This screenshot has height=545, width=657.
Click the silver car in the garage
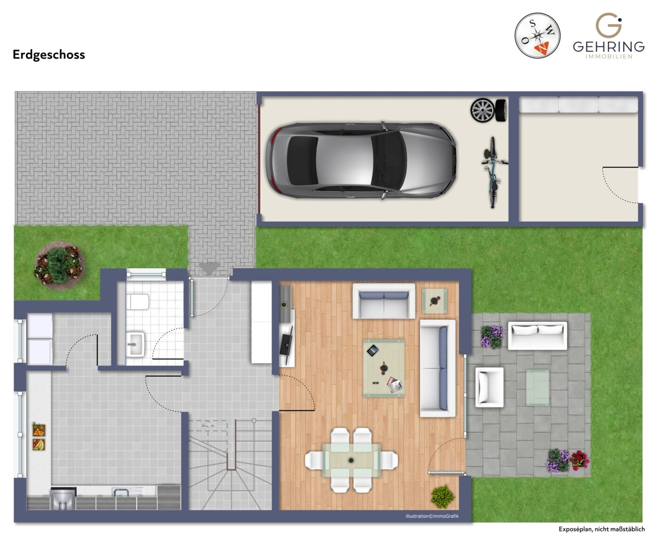click(361, 160)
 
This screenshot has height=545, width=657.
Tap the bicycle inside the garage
click(493, 172)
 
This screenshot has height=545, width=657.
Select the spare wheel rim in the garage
click(482, 110)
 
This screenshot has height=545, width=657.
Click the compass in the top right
click(537, 36)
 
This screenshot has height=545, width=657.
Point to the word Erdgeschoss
click(49, 55)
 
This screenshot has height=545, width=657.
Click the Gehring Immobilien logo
click(609, 36)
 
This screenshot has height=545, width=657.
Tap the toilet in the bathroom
click(138, 302)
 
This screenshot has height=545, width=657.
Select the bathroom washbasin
click(135, 345)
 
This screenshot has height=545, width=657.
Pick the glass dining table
click(351, 460)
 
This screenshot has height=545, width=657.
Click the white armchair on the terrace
click(489, 387)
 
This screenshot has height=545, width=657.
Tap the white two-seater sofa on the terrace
click(537, 336)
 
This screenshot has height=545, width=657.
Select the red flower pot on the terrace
click(580, 460)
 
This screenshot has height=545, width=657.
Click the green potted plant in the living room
click(443, 497)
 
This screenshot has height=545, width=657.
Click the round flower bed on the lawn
click(59, 266)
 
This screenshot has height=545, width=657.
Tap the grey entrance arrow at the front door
click(209, 268)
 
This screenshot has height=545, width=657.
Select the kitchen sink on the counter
click(120, 492)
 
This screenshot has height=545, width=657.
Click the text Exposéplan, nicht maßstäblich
click(602, 529)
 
